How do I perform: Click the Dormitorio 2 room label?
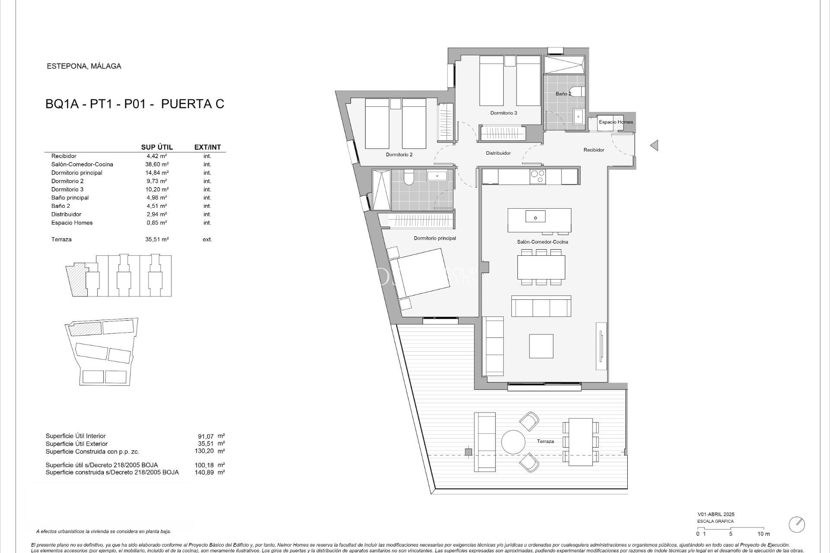click(399, 154)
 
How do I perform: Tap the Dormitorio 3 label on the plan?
click(504, 113)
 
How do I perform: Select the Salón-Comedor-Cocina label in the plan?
click(543, 242)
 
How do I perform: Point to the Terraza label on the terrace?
click(545, 441)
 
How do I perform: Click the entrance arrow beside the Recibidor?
click(654, 146)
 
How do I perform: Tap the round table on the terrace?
click(513, 442)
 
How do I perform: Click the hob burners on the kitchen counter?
click(538, 177)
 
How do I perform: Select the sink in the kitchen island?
click(535, 216)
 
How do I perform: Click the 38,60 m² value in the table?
click(156, 164)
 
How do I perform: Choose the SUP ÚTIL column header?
click(157, 147)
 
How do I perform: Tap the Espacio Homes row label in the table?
click(72, 222)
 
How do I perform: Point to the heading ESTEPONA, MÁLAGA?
click(84, 66)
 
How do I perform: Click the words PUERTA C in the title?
click(192, 104)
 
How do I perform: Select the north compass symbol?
click(797, 524)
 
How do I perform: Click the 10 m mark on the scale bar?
click(763, 534)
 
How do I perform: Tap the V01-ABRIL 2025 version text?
click(715, 514)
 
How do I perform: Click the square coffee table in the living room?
click(541, 346)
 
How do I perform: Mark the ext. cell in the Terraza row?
click(207, 239)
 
